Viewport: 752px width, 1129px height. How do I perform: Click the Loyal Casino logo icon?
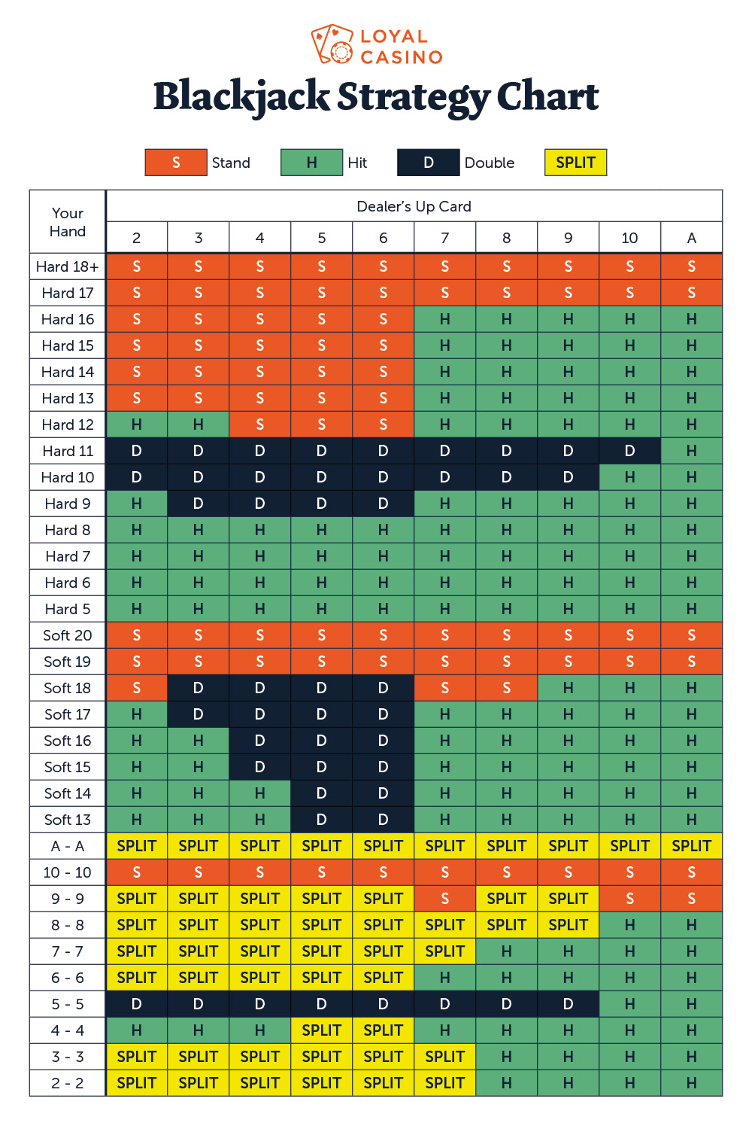coord(332,45)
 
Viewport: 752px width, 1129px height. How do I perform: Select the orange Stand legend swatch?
coord(176,163)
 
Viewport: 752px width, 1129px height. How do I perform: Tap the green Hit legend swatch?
coord(311,163)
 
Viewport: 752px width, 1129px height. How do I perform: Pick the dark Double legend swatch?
coord(428,163)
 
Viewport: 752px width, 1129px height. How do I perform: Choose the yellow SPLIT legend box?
coord(575,163)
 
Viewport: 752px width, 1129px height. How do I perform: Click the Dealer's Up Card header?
coord(414,206)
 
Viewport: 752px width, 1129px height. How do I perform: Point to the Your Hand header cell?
coord(68,222)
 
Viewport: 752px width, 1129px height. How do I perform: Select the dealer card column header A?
coord(691,238)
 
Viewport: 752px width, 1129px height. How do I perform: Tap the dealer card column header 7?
coord(444,238)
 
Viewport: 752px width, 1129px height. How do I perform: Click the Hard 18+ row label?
coord(68,266)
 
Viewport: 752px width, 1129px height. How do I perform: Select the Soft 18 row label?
coord(68,688)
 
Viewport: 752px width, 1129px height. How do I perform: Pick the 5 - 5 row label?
coord(68,1004)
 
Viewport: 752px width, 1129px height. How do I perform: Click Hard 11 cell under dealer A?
coord(691,451)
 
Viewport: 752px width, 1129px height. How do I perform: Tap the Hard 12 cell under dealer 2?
coord(137,425)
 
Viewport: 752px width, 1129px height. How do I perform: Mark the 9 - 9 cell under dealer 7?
coord(444,899)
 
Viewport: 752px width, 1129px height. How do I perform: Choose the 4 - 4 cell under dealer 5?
coord(321,1030)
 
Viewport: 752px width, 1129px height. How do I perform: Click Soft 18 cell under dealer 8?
coord(506,688)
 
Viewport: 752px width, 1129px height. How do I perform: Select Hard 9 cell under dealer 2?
coord(137,504)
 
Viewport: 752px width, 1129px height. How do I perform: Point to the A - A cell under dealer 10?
coord(629,846)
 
